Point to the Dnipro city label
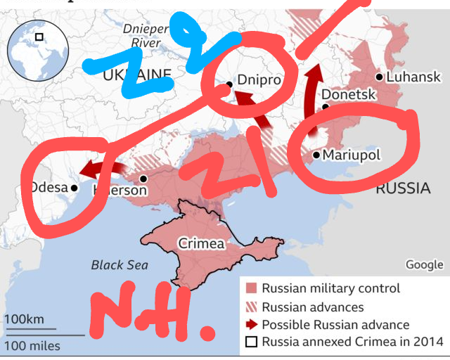pyautogui.click(x=259, y=81)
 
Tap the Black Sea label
pyautogui.click(x=120, y=265)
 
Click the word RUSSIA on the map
pyautogui.click(x=403, y=188)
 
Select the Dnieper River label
pyautogui.click(x=145, y=36)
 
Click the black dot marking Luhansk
pyautogui.click(x=380, y=77)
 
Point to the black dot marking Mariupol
pyautogui.click(x=316, y=155)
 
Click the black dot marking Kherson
pyautogui.click(x=143, y=179)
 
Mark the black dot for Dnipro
pyautogui.click(x=229, y=84)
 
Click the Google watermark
pyautogui.click(x=424, y=264)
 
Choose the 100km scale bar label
pyautogui.click(x=23, y=320)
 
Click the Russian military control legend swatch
pyautogui.click(x=251, y=288)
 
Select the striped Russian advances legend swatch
pyautogui.click(x=251, y=307)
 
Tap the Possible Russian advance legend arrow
pyautogui.click(x=251, y=325)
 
